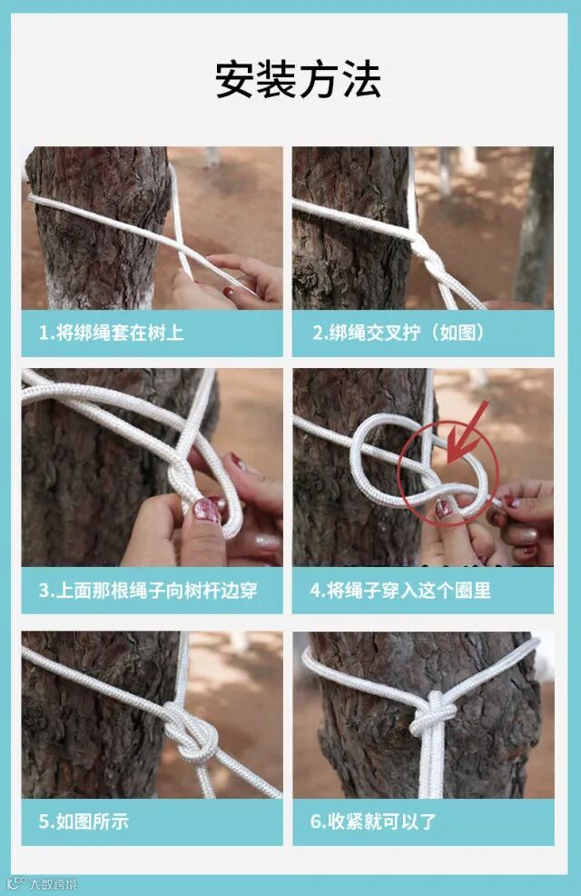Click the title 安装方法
[298, 79]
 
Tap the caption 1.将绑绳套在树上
[112, 333]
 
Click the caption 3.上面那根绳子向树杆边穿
[148, 591]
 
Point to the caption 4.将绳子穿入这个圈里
[400, 591]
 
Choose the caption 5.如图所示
[84, 821]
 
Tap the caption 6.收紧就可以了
[373, 821]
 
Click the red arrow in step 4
[467, 433]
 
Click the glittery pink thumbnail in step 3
[206, 511]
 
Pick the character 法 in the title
[361, 79]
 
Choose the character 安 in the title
[235, 79]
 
